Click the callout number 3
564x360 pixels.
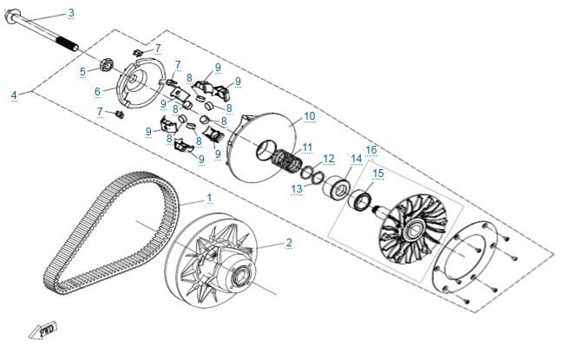71,12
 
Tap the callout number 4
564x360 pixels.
14,94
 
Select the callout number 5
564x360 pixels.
82,71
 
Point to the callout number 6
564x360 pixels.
98,90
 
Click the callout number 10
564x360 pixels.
309,115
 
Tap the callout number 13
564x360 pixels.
296,187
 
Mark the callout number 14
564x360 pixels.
356,159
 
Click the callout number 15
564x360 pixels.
377,173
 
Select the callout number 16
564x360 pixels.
371,149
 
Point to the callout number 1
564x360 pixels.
208,198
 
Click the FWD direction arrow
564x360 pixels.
41,330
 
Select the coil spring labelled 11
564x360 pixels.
287,160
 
